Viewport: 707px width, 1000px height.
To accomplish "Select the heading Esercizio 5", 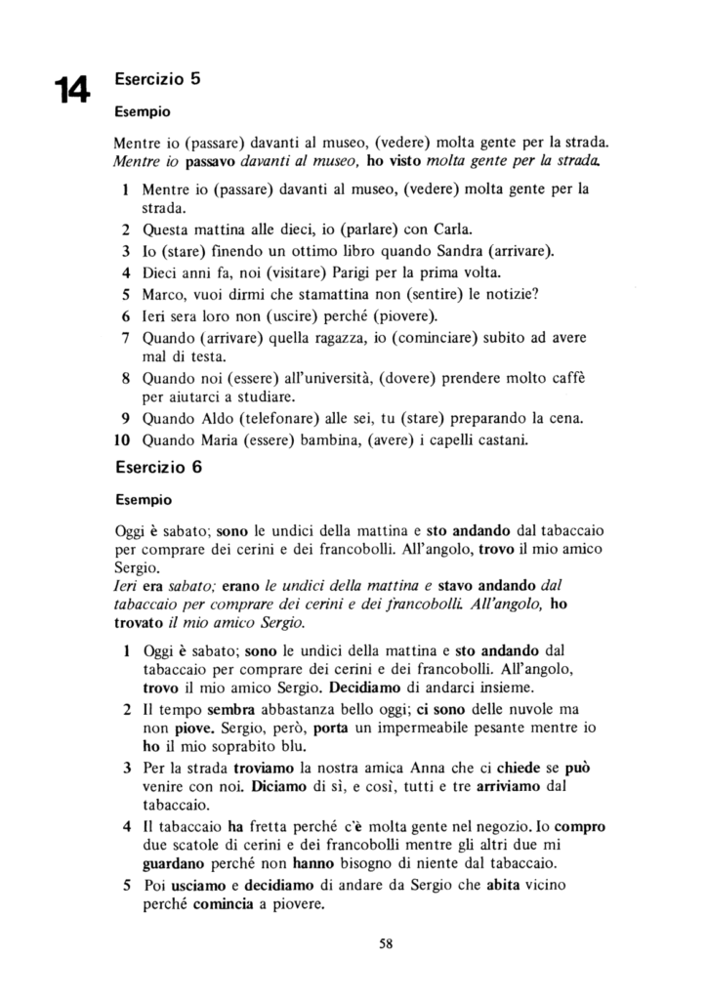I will (158, 78).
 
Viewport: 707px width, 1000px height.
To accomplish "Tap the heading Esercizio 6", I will (158, 466).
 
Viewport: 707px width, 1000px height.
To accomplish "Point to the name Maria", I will (248, 439).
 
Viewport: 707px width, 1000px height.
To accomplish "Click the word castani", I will (500, 439).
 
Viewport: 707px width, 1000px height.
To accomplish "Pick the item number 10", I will (123, 439).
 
